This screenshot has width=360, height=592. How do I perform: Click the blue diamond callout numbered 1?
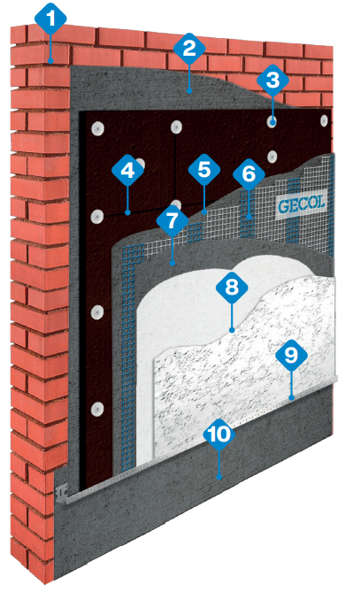[x=50, y=18]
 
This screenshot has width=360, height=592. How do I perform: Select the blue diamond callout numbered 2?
[x=189, y=49]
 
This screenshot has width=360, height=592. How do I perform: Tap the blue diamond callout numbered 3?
[x=272, y=80]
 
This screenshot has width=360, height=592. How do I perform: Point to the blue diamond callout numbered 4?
[x=127, y=170]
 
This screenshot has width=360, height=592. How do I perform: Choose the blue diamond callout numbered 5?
[x=204, y=170]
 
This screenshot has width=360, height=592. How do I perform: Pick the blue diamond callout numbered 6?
[x=249, y=173]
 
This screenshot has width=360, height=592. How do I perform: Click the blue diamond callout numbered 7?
[x=172, y=221]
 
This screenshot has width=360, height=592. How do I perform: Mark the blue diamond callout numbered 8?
[x=232, y=288]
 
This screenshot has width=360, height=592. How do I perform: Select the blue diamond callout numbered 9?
[x=291, y=355]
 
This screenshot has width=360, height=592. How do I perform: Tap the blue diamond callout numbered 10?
[x=219, y=434]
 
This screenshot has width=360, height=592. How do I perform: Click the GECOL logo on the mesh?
[x=302, y=205]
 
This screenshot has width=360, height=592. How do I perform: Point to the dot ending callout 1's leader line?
[x=50, y=60]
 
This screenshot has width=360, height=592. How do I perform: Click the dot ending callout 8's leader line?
[x=232, y=330]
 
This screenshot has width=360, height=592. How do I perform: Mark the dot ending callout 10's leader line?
[x=219, y=478]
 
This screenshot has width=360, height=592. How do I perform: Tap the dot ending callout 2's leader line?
[x=189, y=91]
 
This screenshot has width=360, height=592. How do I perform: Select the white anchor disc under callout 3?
[x=272, y=121]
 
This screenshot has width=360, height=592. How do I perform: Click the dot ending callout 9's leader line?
[x=291, y=397]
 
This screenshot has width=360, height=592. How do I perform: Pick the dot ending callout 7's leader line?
[x=172, y=263]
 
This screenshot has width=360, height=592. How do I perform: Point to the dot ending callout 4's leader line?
[x=127, y=213]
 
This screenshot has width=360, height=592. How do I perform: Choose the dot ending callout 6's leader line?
[x=249, y=217]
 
